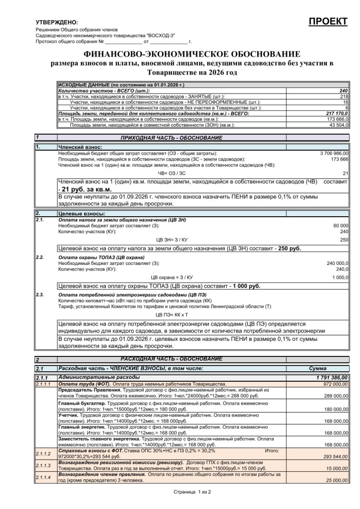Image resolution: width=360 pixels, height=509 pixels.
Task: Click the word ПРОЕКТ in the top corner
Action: tap(328, 21)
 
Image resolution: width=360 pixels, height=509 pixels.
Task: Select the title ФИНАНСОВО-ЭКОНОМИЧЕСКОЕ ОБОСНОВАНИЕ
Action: tap(192, 54)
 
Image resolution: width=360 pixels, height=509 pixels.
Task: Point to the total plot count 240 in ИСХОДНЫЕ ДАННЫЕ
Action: tap(343, 91)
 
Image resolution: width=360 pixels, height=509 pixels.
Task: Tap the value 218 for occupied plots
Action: tap(344, 96)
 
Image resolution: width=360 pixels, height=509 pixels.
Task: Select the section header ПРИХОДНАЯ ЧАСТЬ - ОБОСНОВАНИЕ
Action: tap(172, 137)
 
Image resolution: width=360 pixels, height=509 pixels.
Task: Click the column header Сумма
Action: tap(317, 368)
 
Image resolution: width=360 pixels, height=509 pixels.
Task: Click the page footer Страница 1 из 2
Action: tap(192, 492)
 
